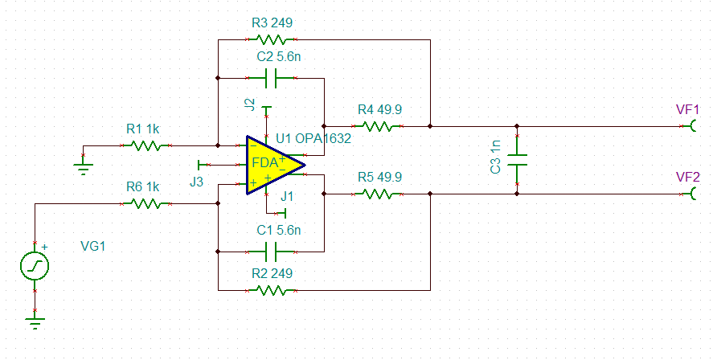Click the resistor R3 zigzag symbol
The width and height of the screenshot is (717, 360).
click(x=272, y=39)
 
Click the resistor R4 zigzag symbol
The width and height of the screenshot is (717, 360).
click(x=377, y=126)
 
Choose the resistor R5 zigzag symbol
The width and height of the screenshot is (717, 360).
click(x=377, y=194)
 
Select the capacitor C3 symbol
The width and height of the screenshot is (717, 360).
click(x=517, y=159)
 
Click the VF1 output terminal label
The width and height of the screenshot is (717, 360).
click(x=688, y=109)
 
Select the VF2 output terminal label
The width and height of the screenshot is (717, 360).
click(x=688, y=177)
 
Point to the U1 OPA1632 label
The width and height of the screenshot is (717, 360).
click(x=313, y=138)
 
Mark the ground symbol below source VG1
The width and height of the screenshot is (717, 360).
click(x=35, y=322)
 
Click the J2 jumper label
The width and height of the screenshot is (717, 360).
click(x=250, y=105)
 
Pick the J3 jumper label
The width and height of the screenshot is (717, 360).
click(x=197, y=182)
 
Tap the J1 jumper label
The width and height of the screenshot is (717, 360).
click(x=287, y=195)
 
